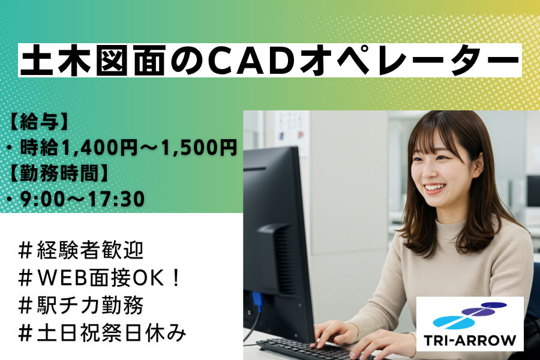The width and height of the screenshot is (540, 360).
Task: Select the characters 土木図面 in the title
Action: coord(92,60)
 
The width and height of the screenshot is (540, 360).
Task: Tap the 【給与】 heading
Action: coord(38,122)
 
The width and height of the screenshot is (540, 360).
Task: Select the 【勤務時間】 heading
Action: coord(57,173)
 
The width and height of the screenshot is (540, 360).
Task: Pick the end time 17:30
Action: coord(116,199)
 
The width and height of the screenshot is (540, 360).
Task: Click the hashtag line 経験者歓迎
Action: coord(81,250)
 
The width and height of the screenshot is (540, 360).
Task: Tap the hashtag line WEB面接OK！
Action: coord(100,278)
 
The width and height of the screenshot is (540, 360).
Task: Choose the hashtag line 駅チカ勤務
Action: coord(81,305)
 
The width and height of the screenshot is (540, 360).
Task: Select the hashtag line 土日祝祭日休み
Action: coord(102,333)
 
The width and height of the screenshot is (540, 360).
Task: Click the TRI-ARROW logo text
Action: coord(470,340)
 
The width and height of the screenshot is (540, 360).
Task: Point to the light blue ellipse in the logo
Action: coord(454,321)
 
